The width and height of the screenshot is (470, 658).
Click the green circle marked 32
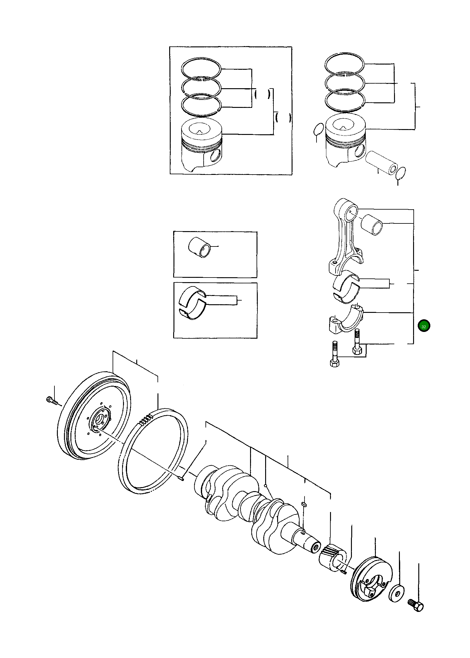[x=424, y=326]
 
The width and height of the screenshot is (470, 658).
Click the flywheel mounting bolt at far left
[x=52, y=400]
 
